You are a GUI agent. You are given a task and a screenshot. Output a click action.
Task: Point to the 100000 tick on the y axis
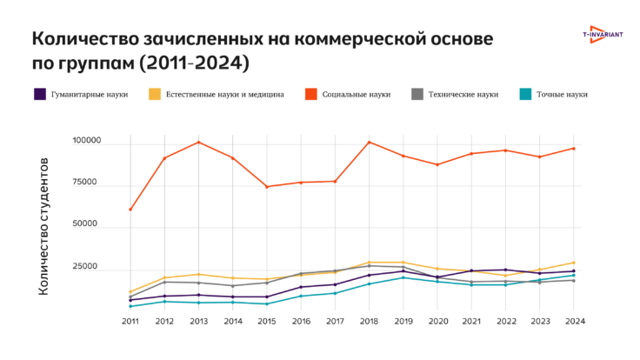(87, 141)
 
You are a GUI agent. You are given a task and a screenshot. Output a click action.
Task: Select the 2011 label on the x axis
(130, 321)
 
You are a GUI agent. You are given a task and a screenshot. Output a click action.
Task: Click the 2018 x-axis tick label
(368, 321)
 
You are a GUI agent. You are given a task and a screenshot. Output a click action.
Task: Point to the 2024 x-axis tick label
(574, 321)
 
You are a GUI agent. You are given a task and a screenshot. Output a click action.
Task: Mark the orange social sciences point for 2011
(130, 210)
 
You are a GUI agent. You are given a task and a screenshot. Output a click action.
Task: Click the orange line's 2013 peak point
(198, 142)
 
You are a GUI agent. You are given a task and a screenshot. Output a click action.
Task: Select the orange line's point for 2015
(267, 187)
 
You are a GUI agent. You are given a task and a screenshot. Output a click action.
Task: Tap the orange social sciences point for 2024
(574, 149)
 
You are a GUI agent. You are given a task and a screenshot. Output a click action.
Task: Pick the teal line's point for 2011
(130, 306)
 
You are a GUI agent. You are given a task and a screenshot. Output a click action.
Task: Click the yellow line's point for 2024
(574, 263)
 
